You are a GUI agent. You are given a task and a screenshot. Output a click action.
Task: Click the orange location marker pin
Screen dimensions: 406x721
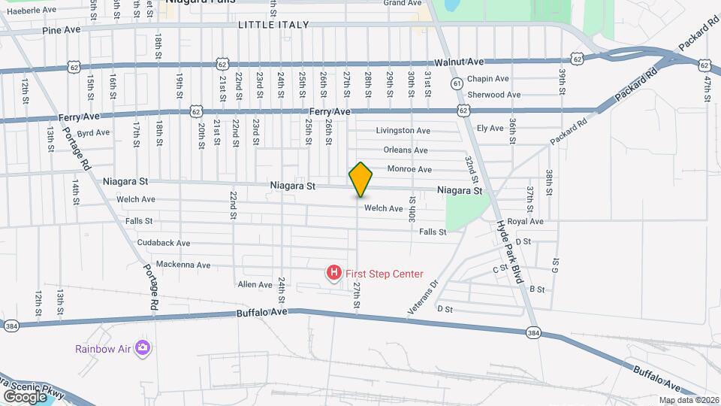[x=361, y=180]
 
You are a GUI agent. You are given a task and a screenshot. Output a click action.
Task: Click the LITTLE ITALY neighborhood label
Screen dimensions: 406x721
[x=273, y=25]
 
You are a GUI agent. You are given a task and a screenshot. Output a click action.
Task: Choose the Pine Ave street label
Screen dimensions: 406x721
[x=62, y=31]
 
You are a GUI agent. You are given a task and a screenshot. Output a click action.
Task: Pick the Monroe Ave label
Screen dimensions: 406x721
[x=409, y=169]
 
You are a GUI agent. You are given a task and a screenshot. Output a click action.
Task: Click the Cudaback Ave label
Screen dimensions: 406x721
[x=164, y=243]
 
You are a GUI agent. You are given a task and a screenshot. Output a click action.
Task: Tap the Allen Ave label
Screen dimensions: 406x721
[x=255, y=285]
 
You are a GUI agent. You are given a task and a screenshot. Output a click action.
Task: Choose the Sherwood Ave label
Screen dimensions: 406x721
[x=493, y=95]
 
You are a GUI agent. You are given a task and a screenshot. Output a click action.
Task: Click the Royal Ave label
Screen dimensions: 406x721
[x=525, y=222]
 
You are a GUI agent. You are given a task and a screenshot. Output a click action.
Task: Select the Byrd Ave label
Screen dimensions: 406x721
[x=94, y=132]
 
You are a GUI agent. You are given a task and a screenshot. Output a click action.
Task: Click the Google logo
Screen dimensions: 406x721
[x=25, y=396]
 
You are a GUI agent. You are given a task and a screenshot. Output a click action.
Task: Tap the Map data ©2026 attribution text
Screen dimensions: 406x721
[x=688, y=400]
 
